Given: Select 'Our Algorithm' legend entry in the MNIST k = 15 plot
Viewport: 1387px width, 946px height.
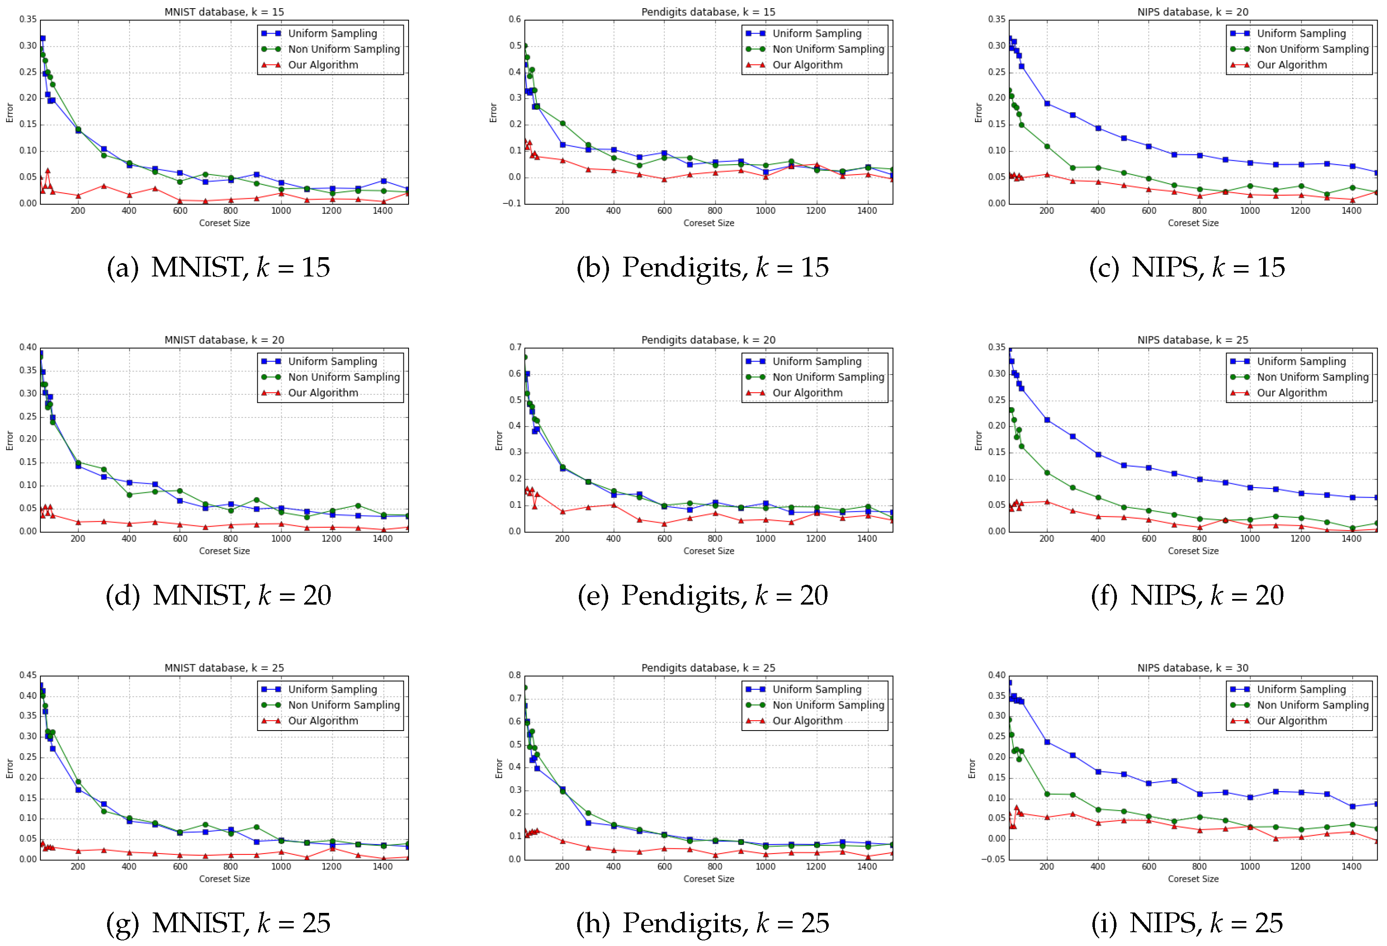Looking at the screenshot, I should pyautogui.click(x=323, y=65).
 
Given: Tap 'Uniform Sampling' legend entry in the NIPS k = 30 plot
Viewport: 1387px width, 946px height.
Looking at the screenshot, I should pyautogui.click(x=1301, y=689).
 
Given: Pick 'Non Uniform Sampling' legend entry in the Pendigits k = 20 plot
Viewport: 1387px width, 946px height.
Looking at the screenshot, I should pyautogui.click(x=828, y=377).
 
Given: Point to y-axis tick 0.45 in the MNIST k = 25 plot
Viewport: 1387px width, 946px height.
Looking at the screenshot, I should pyautogui.click(x=28, y=675).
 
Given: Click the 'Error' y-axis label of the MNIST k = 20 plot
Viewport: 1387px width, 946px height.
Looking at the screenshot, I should pyautogui.click(x=9, y=440).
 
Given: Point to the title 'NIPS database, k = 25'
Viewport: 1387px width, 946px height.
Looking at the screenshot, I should pyautogui.click(x=1193, y=340).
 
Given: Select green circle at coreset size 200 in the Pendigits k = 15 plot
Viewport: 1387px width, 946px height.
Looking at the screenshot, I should pyautogui.click(x=562, y=123).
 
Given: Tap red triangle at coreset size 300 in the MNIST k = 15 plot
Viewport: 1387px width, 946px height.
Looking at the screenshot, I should pyautogui.click(x=104, y=186).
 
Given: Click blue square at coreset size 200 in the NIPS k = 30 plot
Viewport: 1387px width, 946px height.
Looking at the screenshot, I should pyautogui.click(x=1047, y=742).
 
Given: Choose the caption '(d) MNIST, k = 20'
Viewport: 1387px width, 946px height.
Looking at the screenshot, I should pyautogui.click(x=218, y=595).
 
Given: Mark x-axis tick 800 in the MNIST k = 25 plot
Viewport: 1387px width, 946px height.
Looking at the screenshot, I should pyautogui.click(x=231, y=866).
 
